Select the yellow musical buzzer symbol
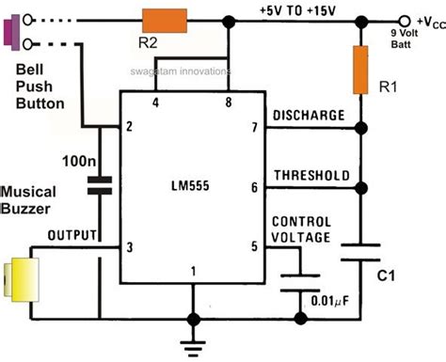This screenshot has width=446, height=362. pyautogui.click(x=16, y=280)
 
